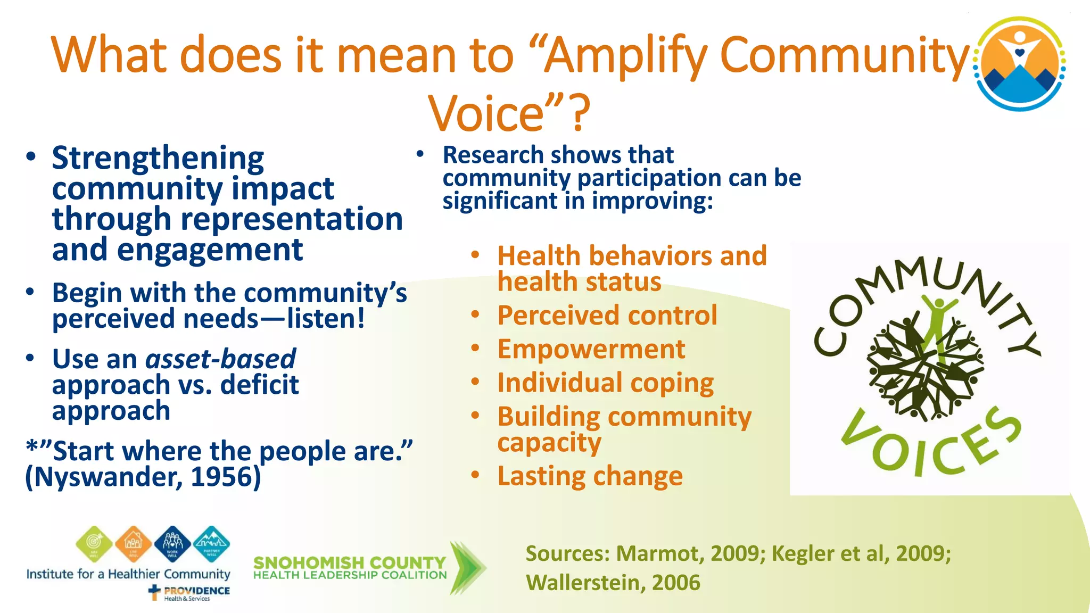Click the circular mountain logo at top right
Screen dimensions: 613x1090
coord(1020,64)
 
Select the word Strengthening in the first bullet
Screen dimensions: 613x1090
coord(158,158)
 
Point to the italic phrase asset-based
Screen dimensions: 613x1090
coord(220,359)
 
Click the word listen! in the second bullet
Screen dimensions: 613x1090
coord(326,319)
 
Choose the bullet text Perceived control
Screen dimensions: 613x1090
coord(607,316)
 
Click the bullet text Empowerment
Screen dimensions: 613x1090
coord(591,350)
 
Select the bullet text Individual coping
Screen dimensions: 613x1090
coord(605,383)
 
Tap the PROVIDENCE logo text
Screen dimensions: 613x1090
coord(196,591)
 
